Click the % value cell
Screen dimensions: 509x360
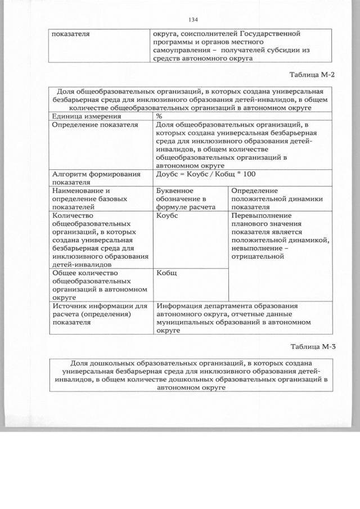point(159,115)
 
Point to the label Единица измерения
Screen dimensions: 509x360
point(84,115)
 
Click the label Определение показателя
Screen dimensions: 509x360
point(94,125)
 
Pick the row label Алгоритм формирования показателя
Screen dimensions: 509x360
point(96,178)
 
